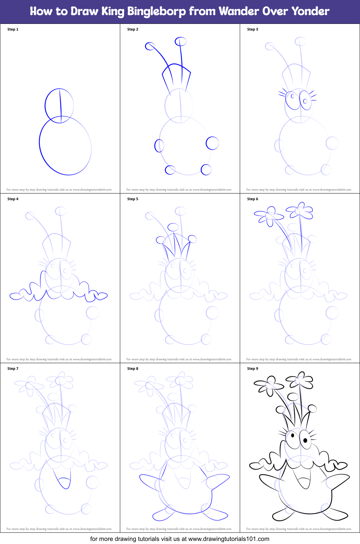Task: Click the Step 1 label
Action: coord(13,29)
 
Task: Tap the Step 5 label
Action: coord(133,199)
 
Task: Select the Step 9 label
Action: coord(253,369)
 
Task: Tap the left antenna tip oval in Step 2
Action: coord(150,46)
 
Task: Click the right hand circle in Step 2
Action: coord(212,143)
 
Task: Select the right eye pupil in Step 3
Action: coord(305,101)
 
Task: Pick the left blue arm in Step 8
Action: coord(152,480)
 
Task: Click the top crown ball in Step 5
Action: coord(173,227)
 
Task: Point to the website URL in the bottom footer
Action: coord(229,539)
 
